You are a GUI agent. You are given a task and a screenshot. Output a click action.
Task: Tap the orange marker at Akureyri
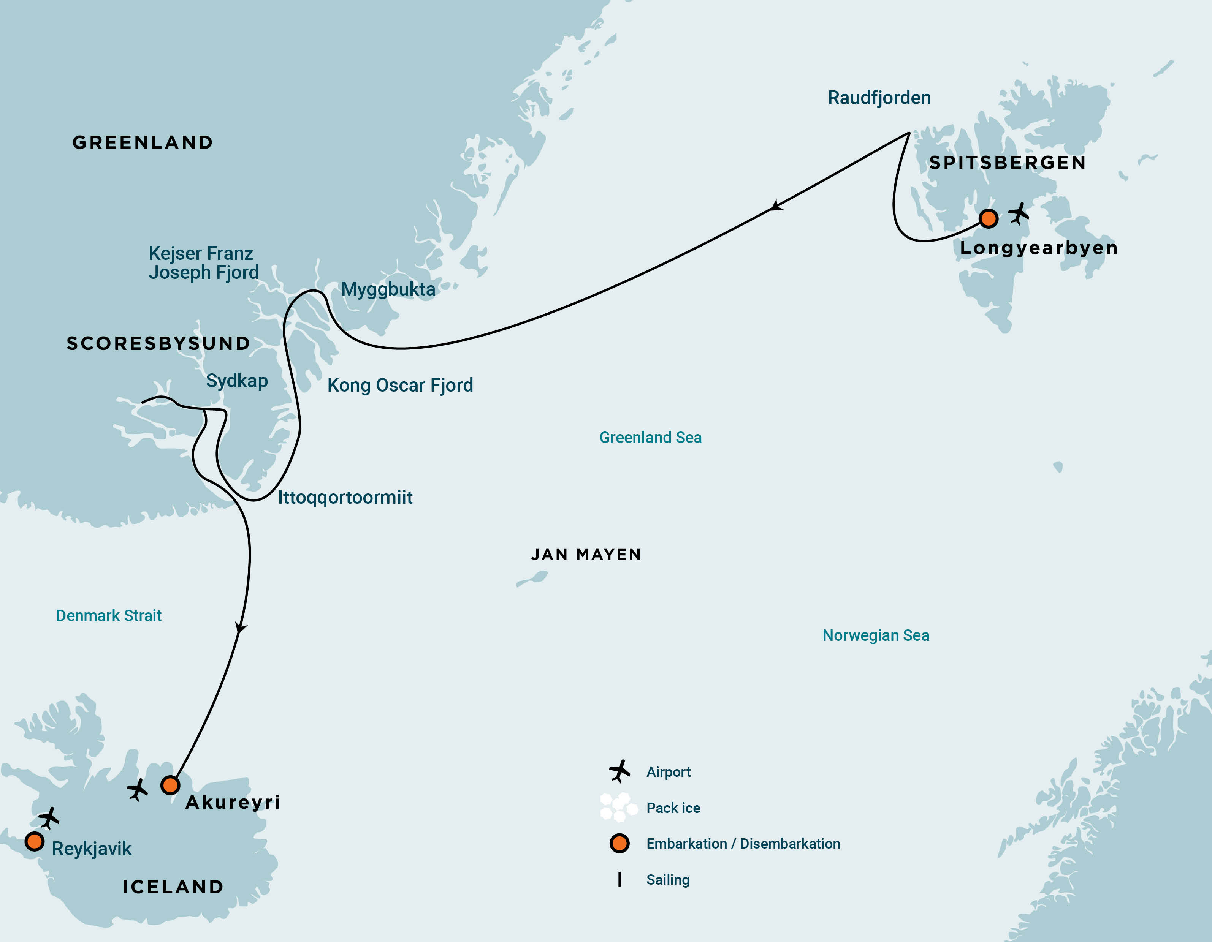(x=170, y=785)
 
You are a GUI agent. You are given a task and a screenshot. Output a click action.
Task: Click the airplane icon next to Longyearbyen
(x=1019, y=213)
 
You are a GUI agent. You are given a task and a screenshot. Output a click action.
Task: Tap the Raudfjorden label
(x=879, y=98)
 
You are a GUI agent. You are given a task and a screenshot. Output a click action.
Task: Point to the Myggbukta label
(x=388, y=289)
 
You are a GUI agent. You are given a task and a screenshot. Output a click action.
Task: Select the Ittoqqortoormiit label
(x=345, y=497)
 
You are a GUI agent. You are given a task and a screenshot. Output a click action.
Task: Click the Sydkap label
(x=237, y=381)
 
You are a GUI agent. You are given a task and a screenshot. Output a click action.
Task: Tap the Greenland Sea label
(x=650, y=437)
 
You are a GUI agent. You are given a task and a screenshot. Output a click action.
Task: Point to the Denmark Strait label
(x=109, y=615)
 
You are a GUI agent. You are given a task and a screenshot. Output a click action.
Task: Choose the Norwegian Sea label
(x=876, y=635)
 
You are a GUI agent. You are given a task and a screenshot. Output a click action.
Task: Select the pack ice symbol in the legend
(x=618, y=807)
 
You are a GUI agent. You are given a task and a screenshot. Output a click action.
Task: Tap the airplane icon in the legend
(x=619, y=771)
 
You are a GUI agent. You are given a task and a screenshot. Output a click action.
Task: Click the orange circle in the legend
(x=619, y=843)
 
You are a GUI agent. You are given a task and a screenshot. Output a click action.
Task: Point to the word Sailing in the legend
(x=668, y=879)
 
